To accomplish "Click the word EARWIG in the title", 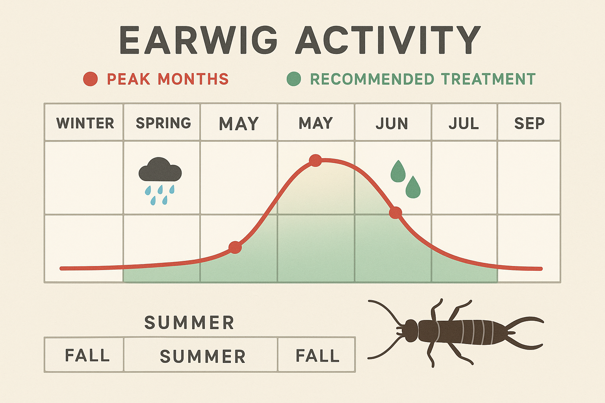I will click(x=199, y=40).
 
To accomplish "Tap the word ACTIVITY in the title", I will click(x=388, y=40).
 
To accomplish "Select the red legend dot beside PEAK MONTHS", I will click(x=90, y=79).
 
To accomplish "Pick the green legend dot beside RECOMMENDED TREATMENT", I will click(x=294, y=79).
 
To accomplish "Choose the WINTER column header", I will click(x=85, y=123).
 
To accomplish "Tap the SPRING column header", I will click(x=163, y=123).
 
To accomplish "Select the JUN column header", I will click(x=392, y=124).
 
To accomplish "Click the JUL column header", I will click(x=464, y=124).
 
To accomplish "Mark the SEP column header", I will click(x=529, y=124).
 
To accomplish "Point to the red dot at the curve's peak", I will click(x=315, y=160).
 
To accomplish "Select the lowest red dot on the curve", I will click(x=235, y=248).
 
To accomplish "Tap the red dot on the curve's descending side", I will click(x=395, y=213).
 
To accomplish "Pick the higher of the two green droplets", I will click(x=398, y=172).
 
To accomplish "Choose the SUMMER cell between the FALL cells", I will click(x=202, y=357).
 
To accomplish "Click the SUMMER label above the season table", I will click(x=189, y=323).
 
